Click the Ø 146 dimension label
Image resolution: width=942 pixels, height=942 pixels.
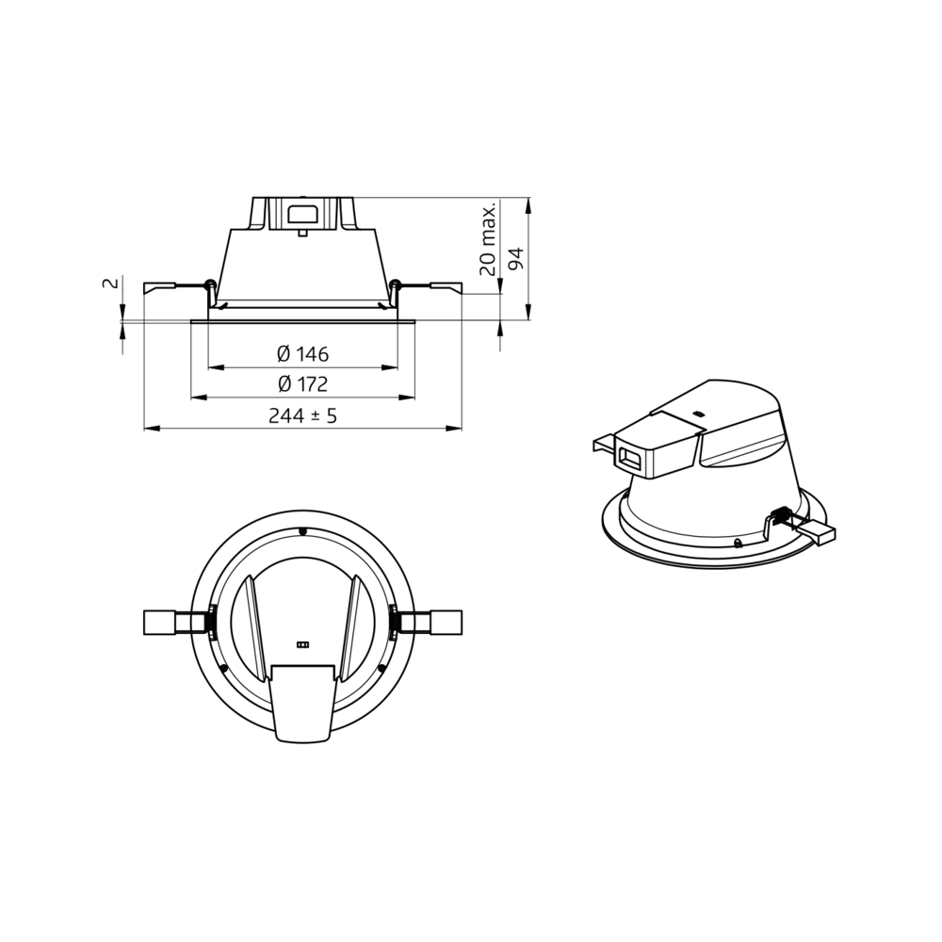[302, 354]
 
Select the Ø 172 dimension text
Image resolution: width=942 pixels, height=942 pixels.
[302, 384]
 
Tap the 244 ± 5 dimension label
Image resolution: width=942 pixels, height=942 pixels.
[302, 415]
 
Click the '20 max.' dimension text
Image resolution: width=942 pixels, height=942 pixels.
[488, 239]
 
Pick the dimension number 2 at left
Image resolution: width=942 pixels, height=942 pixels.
[109, 284]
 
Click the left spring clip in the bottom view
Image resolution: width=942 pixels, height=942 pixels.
[178, 623]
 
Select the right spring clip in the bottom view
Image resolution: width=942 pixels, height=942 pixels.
[427, 623]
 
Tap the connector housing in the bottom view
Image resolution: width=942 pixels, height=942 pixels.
[302, 703]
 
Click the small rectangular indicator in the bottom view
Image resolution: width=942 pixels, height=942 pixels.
[302, 645]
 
